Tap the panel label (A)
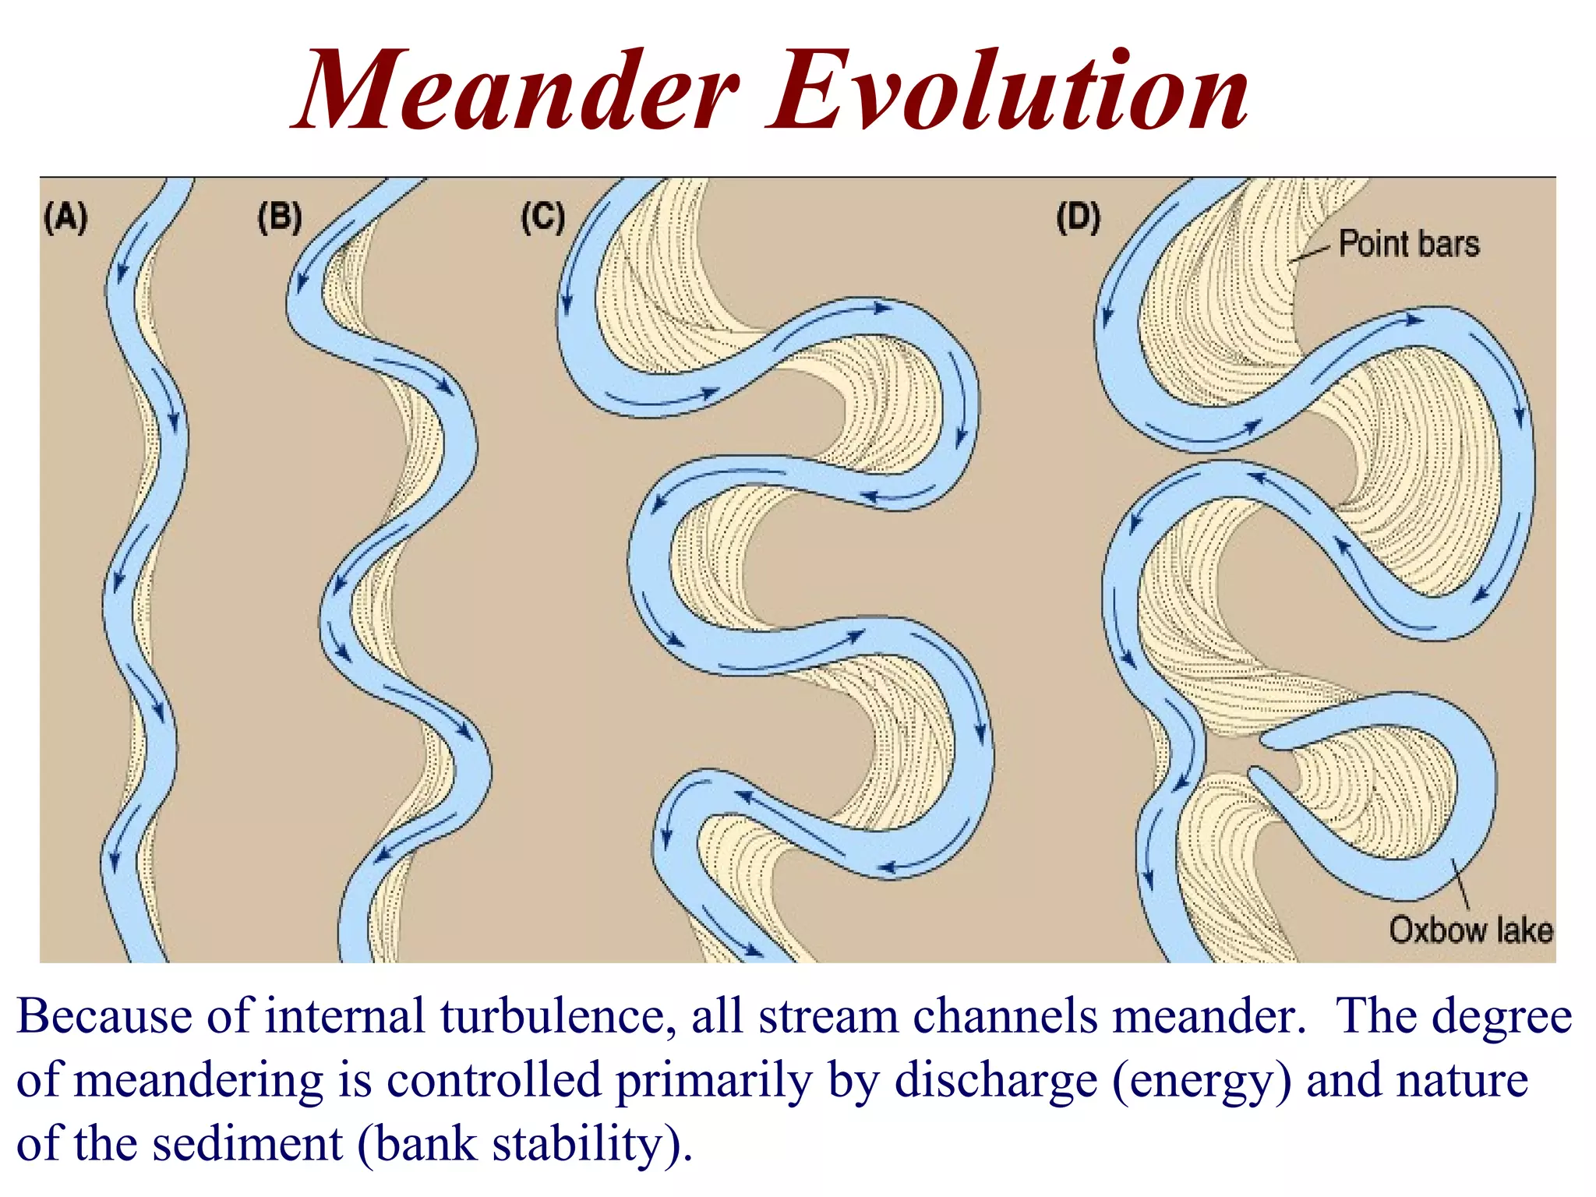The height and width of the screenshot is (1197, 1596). pos(65,217)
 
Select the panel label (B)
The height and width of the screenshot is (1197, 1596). pos(280,217)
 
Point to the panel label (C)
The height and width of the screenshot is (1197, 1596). pos(542,217)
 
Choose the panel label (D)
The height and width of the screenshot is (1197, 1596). pos(1078,217)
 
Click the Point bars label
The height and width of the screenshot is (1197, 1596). pos(1408,244)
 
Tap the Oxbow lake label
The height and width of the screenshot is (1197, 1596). pos(1471,930)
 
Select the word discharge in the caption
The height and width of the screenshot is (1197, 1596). pos(996,1081)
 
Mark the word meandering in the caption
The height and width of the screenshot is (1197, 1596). pos(199,1081)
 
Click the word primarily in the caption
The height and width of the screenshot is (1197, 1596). pos(713,1081)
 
